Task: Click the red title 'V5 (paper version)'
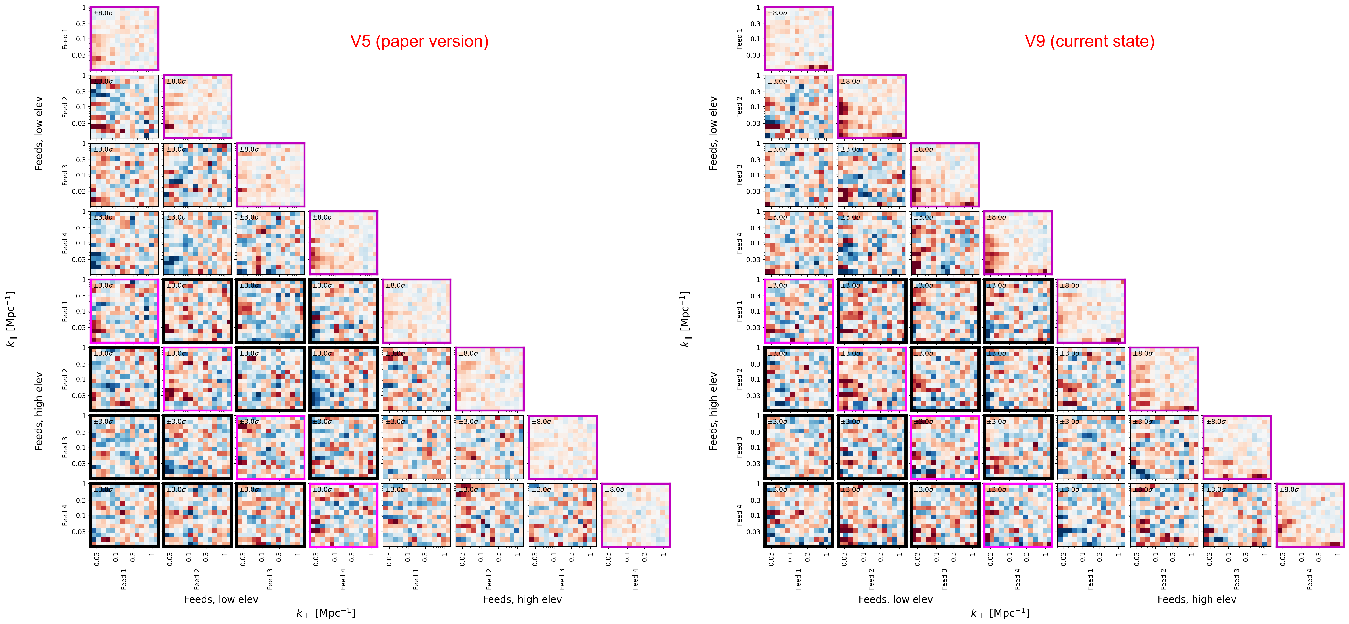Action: [x=419, y=41]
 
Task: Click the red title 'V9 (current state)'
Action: [x=1089, y=41]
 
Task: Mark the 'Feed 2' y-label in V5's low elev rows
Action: [x=65, y=107]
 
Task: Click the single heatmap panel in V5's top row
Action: [x=124, y=39]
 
